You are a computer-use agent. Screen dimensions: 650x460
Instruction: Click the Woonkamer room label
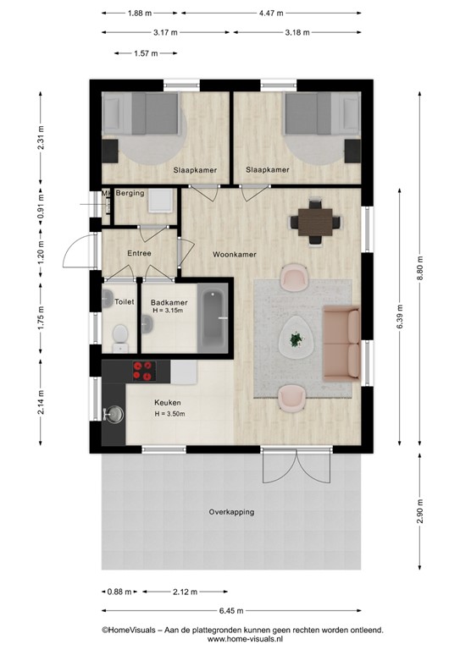click(236, 254)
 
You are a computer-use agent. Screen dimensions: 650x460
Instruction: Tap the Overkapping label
click(231, 512)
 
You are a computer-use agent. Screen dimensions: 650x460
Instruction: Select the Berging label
click(130, 193)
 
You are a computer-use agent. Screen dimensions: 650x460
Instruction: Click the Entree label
click(139, 253)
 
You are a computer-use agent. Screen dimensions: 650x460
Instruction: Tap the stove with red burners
click(143, 370)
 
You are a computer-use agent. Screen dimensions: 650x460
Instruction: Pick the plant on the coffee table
click(296, 339)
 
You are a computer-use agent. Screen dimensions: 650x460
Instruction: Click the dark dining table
click(316, 222)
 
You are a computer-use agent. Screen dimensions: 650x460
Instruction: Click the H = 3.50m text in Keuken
click(169, 414)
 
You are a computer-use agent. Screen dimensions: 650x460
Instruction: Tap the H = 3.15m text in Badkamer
click(169, 311)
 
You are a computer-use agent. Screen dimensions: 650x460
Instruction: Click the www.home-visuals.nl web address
click(242, 639)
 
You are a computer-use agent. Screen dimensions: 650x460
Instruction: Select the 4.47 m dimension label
click(271, 14)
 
